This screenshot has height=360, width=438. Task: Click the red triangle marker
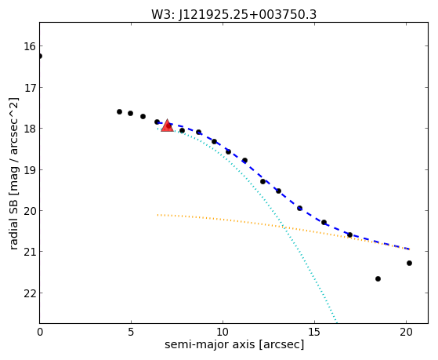coord(168,125)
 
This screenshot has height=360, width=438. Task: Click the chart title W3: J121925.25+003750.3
coord(233,15)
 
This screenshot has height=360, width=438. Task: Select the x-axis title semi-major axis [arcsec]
coord(234,344)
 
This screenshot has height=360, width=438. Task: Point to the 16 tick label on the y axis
coord(30,46)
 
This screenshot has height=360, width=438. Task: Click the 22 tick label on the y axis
coord(30,293)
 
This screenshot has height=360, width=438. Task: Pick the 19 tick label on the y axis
coord(30,169)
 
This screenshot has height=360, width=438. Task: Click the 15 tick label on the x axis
coord(314,333)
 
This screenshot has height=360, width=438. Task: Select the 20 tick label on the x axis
coord(406,333)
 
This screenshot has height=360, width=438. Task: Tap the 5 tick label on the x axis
coord(132,333)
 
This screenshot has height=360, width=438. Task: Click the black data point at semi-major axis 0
coord(40,56)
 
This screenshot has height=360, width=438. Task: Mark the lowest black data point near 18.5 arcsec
coord(378,278)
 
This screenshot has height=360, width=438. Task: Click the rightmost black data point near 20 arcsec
coord(409,263)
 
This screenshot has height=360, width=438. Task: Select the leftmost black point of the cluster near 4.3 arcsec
coord(119,111)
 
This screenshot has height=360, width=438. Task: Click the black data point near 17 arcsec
coord(349,235)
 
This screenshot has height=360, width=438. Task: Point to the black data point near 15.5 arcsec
coord(324,223)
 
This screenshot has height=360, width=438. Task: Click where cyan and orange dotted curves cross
coord(284,227)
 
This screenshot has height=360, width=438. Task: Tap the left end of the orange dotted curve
coord(157,215)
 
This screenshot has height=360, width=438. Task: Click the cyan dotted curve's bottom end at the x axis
coord(337,322)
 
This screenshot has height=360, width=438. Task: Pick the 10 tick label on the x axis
coord(223,333)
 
